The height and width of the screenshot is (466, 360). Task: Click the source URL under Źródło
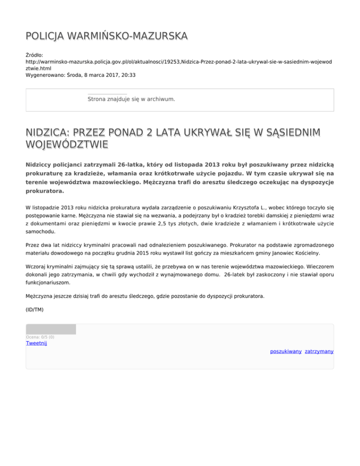pyautogui.click(x=178, y=61)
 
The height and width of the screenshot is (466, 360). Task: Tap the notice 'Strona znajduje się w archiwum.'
pyautogui.click(x=131, y=99)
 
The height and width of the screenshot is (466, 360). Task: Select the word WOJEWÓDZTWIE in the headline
pyautogui.click(x=67, y=143)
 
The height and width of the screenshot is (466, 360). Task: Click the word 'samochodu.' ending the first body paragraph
pyautogui.click(x=42, y=231)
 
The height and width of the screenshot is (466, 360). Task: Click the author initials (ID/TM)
pyautogui.click(x=35, y=309)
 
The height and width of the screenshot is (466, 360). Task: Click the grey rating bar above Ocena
pyautogui.click(x=51, y=330)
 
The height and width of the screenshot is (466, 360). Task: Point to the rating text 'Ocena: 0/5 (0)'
pyautogui.click(x=40, y=337)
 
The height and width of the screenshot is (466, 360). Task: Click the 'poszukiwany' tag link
pyautogui.click(x=285, y=351)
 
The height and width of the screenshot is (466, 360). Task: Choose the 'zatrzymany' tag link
pyautogui.click(x=319, y=351)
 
